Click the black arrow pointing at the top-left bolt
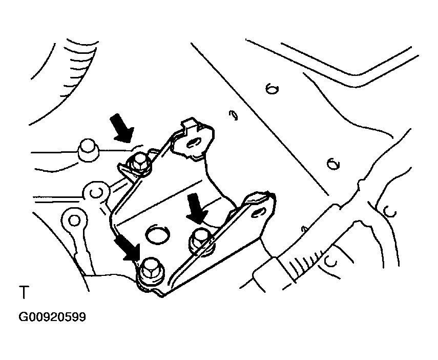tap(122, 128)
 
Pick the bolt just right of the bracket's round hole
tap(200, 236)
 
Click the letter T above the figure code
tap(24, 294)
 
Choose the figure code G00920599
tap(52, 317)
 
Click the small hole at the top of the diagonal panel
tap(272, 89)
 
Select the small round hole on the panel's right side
tap(333, 164)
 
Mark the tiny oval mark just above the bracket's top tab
tap(234, 115)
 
